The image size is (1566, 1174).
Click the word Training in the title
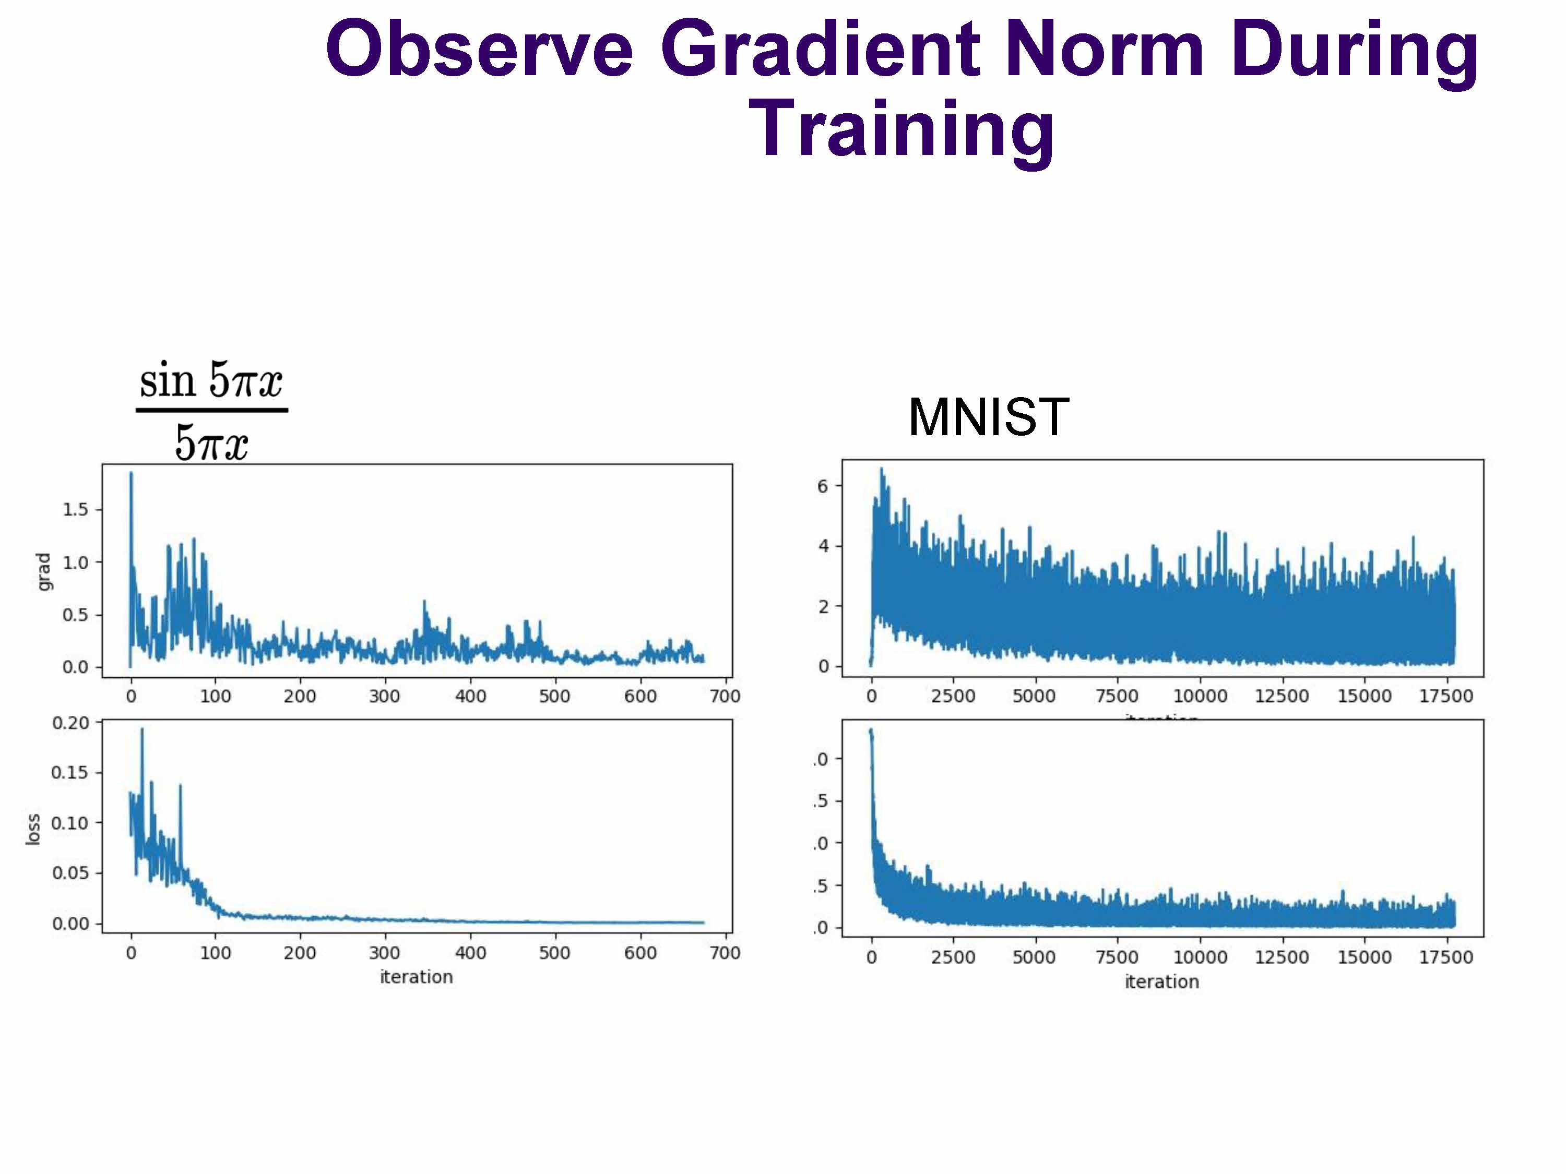tap(900, 129)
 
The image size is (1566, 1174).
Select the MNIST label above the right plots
tap(988, 417)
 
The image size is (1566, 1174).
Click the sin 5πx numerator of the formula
tap(211, 381)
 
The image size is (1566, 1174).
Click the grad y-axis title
tap(44, 572)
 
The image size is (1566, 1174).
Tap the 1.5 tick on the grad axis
tap(75, 509)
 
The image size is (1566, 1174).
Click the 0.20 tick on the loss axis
tap(71, 723)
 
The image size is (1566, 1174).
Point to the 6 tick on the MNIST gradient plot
tap(823, 486)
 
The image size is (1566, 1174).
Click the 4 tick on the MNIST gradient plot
tap(823, 546)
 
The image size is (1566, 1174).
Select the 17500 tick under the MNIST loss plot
tap(1445, 957)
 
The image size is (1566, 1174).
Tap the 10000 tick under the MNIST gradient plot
tap(1200, 697)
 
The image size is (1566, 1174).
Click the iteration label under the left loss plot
tap(416, 977)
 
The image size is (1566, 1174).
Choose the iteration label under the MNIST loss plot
tap(1162, 982)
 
